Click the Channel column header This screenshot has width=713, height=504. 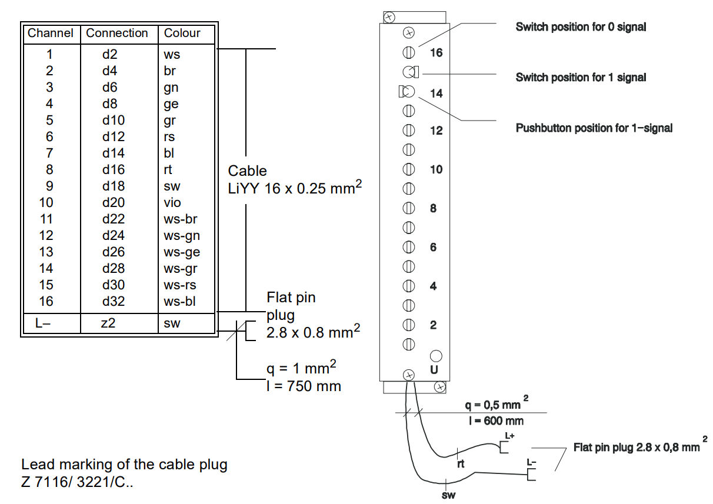[51, 33]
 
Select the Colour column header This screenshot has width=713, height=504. [182, 33]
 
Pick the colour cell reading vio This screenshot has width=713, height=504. [172, 203]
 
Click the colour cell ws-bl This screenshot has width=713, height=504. [180, 302]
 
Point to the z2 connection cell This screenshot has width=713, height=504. [107, 323]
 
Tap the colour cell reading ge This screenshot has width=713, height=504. [171, 104]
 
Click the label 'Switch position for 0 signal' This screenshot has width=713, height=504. [581, 26]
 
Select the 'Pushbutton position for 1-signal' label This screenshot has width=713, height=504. [594, 128]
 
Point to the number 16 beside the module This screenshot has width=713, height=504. [436, 52]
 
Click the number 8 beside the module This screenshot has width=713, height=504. [434, 208]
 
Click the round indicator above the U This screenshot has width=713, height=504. [436, 356]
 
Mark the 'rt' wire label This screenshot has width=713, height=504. [461, 464]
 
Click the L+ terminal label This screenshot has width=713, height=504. [511, 435]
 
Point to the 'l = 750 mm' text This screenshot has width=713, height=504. [304, 386]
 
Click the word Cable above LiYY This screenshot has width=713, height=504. [247, 171]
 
